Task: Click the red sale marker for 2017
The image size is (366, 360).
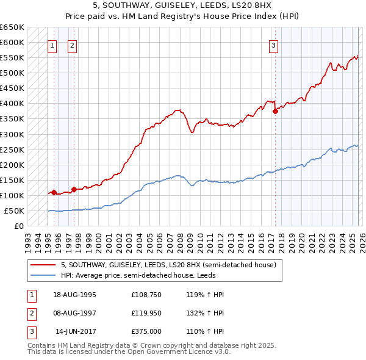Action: click(275, 111)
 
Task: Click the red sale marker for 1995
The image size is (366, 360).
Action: click(54, 192)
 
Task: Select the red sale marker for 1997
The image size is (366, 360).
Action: click(74, 189)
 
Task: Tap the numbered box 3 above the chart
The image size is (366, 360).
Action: click(274, 45)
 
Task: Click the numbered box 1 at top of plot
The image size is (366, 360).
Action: click(52, 45)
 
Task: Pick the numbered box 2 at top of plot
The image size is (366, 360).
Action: click(72, 45)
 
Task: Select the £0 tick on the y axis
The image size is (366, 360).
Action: click(19, 226)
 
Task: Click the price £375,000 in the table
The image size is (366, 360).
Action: click(146, 331)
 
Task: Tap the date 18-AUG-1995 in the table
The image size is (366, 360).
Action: click(74, 295)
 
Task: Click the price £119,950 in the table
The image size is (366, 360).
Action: click(146, 313)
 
